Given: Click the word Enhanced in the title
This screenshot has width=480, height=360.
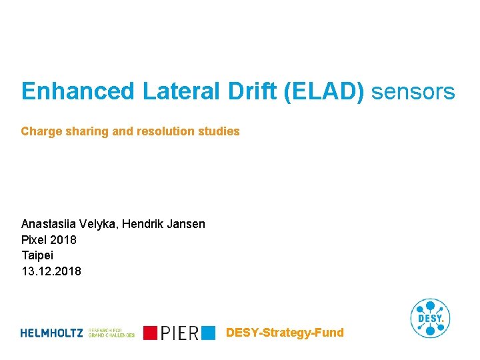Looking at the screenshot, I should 78,92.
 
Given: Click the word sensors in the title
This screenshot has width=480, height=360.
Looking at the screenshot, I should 413,92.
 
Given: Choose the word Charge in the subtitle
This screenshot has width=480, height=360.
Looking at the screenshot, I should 39,132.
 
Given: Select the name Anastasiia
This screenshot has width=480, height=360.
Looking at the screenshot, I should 49,224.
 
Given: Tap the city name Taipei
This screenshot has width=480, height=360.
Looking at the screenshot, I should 37,255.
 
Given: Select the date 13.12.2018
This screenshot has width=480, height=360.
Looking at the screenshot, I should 51,271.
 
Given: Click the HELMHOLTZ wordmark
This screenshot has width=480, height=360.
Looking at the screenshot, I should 52,333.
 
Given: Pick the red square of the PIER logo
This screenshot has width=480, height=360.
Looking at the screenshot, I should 150,333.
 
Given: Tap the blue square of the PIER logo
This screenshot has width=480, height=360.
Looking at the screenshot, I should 209,332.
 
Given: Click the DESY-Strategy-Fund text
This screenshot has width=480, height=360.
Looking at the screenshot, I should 285,332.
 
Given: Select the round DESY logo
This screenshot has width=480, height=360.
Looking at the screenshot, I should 430,318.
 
